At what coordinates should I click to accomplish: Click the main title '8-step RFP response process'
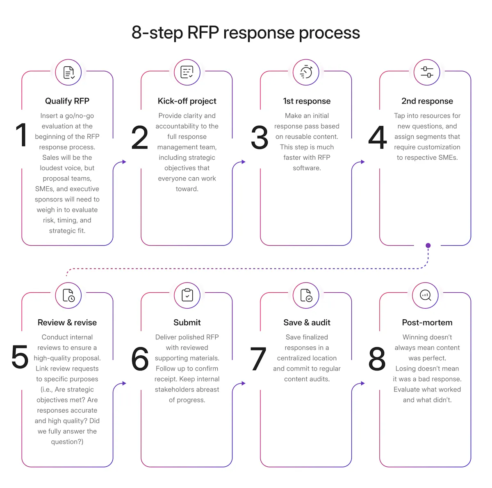246,33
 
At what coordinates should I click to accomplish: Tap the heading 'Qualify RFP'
67,101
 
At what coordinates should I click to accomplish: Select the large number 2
140,138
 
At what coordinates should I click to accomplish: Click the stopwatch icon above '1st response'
306,72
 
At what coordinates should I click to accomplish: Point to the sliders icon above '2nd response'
427,72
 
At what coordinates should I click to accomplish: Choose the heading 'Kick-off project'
187,101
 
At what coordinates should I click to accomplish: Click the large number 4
378,138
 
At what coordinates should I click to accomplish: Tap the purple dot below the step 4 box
428,246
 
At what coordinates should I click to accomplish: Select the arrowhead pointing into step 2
124,162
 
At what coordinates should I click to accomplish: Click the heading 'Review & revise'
67,323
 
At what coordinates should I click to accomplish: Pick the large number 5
20,357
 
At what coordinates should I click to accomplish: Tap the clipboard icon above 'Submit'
187,295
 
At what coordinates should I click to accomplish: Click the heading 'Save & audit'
307,323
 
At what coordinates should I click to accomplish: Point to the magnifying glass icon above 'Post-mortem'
426,295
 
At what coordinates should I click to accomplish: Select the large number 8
377,359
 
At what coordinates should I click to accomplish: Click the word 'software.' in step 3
307,168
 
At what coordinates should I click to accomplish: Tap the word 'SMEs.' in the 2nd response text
447,158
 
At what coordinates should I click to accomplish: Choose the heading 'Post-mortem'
427,323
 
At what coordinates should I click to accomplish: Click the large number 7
258,359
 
